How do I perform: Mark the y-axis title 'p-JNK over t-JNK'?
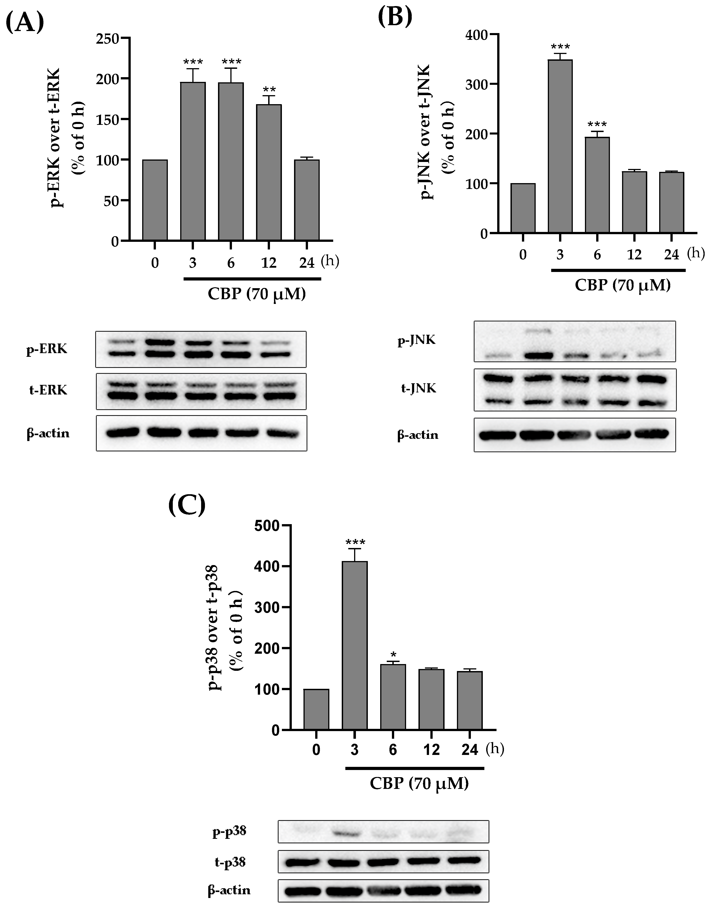point(427,132)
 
